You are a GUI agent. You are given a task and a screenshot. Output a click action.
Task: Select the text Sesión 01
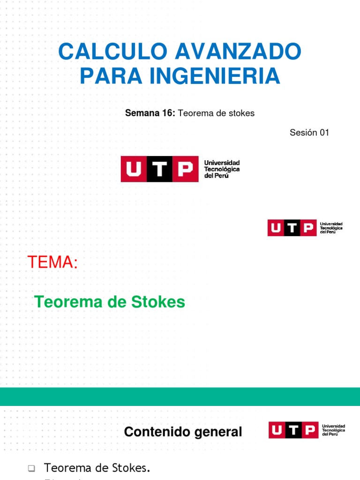pyautogui.click(x=309, y=133)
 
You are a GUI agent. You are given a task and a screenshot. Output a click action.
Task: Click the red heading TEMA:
pyautogui.click(x=52, y=263)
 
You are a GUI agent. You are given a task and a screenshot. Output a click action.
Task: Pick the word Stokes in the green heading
pyautogui.click(x=158, y=302)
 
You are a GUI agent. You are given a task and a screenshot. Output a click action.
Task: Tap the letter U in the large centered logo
pyautogui.click(x=134, y=169)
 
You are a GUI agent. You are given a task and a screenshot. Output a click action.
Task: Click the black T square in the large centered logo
pyautogui.click(x=159, y=169)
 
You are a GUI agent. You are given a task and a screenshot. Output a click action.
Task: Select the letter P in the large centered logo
pyautogui.click(x=186, y=169)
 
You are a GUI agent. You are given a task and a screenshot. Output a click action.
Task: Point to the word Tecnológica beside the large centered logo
pyautogui.click(x=222, y=169)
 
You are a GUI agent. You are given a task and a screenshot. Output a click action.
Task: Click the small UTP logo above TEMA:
pyautogui.click(x=305, y=228)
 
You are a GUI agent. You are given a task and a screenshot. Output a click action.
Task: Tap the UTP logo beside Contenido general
pyautogui.click(x=307, y=430)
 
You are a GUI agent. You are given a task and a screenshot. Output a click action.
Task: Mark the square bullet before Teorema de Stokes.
pyautogui.click(x=31, y=468)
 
